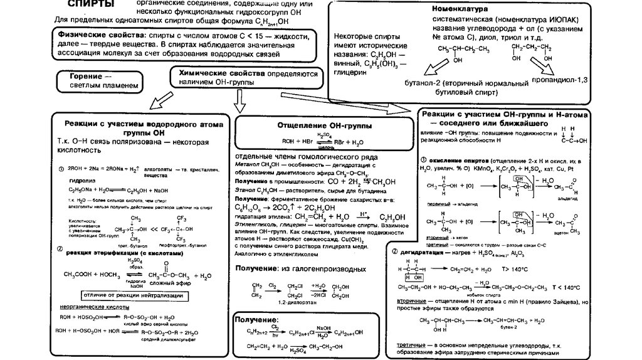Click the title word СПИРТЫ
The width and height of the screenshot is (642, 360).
pos(91,5)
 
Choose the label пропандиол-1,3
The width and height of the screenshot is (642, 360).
pos(559,80)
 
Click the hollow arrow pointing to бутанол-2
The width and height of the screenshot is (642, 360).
pos(427,68)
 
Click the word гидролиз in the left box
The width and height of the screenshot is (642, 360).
pos(73,178)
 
